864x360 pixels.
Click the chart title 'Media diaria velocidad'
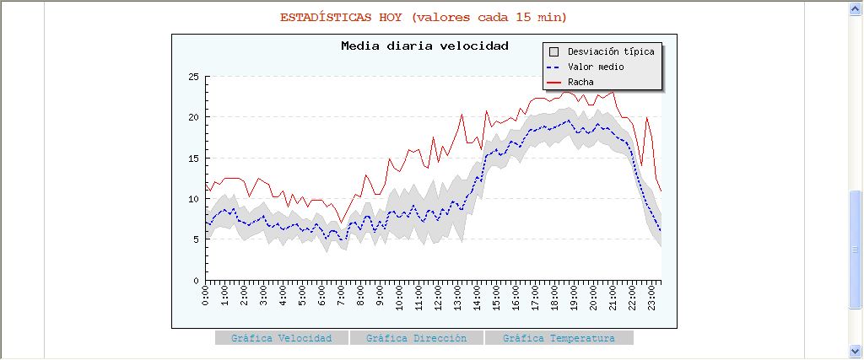(x=424, y=46)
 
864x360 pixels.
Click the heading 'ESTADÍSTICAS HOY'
(x=341, y=17)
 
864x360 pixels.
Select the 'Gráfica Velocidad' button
(x=281, y=338)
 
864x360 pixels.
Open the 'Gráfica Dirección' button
(x=416, y=338)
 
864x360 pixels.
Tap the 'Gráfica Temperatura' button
(x=559, y=338)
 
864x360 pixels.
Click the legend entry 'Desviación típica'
(x=611, y=51)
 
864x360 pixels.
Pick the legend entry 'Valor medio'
(x=596, y=67)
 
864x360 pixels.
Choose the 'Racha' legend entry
(x=580, y=82)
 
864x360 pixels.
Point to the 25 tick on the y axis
(x=194, y=77)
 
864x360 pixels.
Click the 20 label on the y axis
(x=194, y=117)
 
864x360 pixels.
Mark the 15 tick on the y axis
(x=194, y=158)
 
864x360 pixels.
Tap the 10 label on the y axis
(x=194, y=199)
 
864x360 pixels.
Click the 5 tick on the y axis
(x=197, y=239)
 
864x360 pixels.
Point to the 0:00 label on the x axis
(x=207, y=297)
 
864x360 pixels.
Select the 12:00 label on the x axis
(x=439, y=297)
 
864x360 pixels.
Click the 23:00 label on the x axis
(x=651, y=297)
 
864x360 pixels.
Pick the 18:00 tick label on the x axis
(x=555, y=297)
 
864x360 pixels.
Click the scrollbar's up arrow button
(x=856, y=8)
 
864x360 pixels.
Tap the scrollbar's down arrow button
(x=856, y=352)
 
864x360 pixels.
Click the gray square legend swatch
(x=554, y=51)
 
